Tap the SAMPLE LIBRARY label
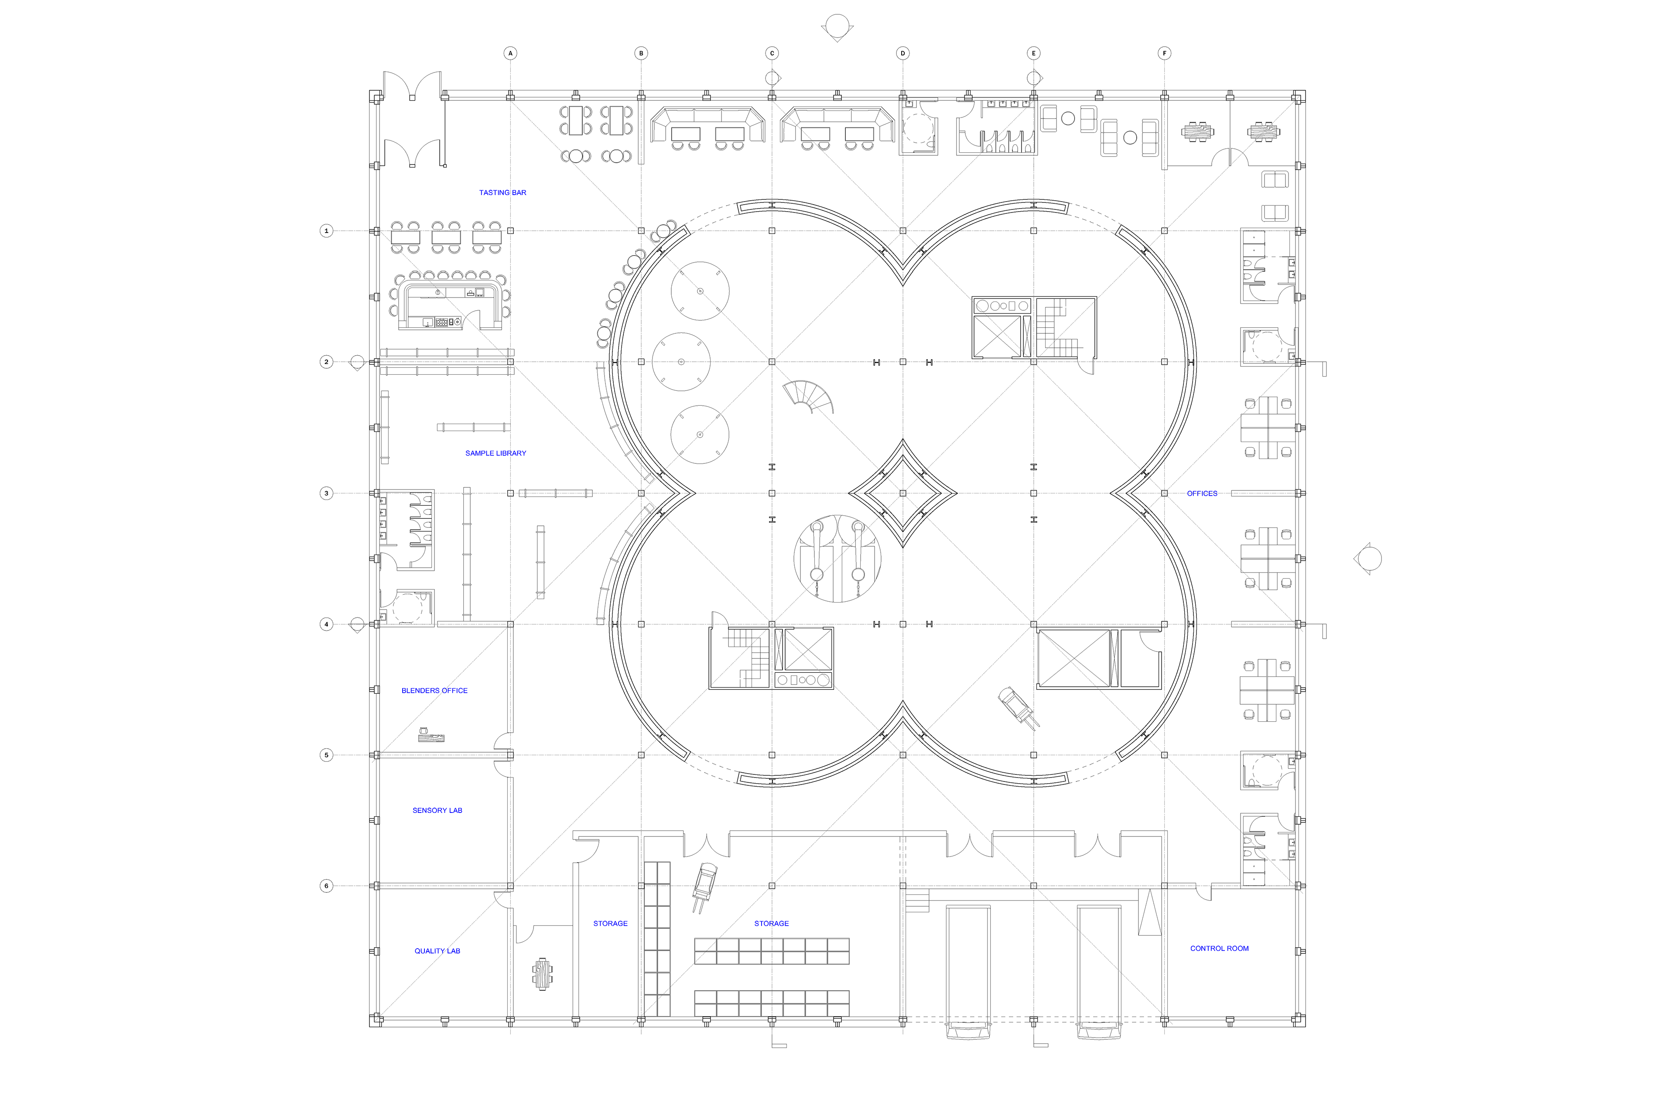tap(495, 453)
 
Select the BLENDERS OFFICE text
tap(434, 690)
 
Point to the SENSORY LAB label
tap(437, 810)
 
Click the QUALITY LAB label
tap(437, 951)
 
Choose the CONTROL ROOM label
tap(1219, 948)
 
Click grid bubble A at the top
tap(510, 53)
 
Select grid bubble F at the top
tap(1164, 53)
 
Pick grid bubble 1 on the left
tap(326, 231)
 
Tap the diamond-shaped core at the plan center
tap(902, 493)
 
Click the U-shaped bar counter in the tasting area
tap(450, 305)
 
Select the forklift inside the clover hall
tap(1017, 707)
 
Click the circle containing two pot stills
tap(837, 558)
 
